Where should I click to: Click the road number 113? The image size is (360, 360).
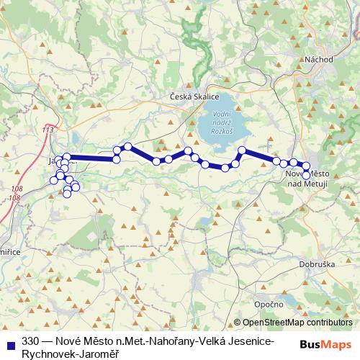point(48,129)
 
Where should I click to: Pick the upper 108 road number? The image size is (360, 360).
point(17,188)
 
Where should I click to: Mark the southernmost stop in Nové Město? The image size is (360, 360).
point(306,175)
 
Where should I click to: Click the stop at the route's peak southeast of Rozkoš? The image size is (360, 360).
point(242,150)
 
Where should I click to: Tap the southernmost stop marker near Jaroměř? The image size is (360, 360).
point(67,193)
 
